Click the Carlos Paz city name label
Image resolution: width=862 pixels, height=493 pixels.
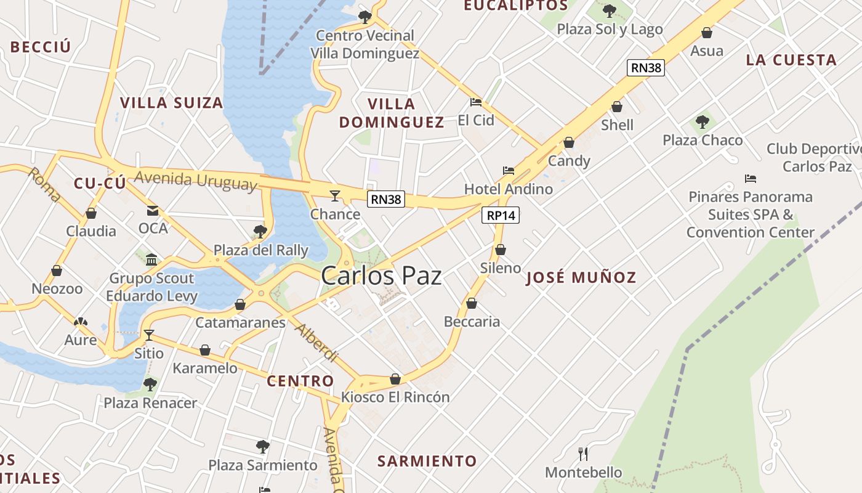point(381,275)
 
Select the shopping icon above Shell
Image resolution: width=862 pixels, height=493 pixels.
point(616,107)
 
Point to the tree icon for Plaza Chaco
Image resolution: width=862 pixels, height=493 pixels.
point(702,121)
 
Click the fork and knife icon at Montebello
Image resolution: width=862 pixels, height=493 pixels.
point(583,454)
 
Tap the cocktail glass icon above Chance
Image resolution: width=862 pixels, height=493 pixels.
point(334,195)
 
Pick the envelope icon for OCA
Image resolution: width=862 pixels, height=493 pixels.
point(152,210)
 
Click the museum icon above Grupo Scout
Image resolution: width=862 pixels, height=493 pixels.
point(151,259)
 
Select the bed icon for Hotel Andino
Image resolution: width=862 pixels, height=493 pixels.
point(508,170)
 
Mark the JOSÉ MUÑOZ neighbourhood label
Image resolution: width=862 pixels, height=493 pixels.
point(581,277)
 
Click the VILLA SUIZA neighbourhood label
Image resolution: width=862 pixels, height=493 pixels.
point(171,103)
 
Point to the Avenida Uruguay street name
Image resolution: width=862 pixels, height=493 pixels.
point(195,181)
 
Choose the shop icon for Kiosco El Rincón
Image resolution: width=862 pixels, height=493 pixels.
point(395,378)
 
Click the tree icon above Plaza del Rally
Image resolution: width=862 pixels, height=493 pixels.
point(260,231)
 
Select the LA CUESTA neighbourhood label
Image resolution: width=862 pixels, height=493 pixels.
point(791,60)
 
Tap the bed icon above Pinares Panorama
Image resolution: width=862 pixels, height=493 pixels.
point(750,179)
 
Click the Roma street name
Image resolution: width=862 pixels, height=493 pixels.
point(45,185)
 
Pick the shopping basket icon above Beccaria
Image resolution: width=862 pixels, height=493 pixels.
point(471,303)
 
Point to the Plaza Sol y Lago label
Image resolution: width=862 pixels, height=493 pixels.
point(610,29)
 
